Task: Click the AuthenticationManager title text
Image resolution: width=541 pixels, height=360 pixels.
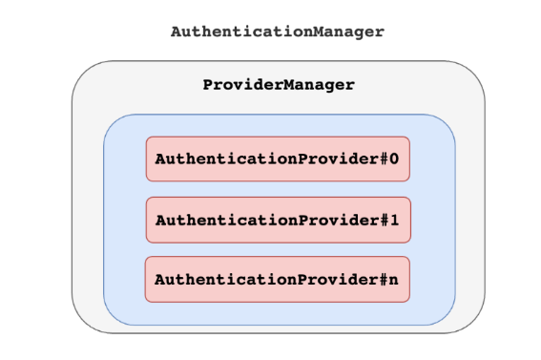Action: [277, 31]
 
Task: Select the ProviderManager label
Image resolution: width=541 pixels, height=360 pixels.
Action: [278, 84]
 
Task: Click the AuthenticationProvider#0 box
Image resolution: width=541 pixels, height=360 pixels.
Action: [278, 159]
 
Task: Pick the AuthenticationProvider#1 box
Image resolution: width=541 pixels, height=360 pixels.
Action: [278, 220]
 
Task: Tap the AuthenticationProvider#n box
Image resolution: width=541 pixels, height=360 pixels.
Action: [278, 280]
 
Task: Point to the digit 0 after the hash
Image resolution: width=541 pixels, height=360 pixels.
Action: [393, 159]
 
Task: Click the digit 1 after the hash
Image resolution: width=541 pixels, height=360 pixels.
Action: [393, 220]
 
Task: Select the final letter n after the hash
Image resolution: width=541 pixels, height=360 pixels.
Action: [393, 281]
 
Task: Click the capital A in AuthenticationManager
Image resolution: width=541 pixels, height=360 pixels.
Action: [177, 31]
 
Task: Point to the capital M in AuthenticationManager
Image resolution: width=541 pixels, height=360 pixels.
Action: [312, 31]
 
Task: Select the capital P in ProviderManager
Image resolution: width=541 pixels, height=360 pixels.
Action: [209, 84]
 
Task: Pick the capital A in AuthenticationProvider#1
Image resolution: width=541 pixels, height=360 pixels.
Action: [160, 220]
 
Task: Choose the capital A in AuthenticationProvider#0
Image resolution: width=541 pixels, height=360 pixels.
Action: [160, 159]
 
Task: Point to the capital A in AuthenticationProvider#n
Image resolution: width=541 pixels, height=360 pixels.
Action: [160, 281]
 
